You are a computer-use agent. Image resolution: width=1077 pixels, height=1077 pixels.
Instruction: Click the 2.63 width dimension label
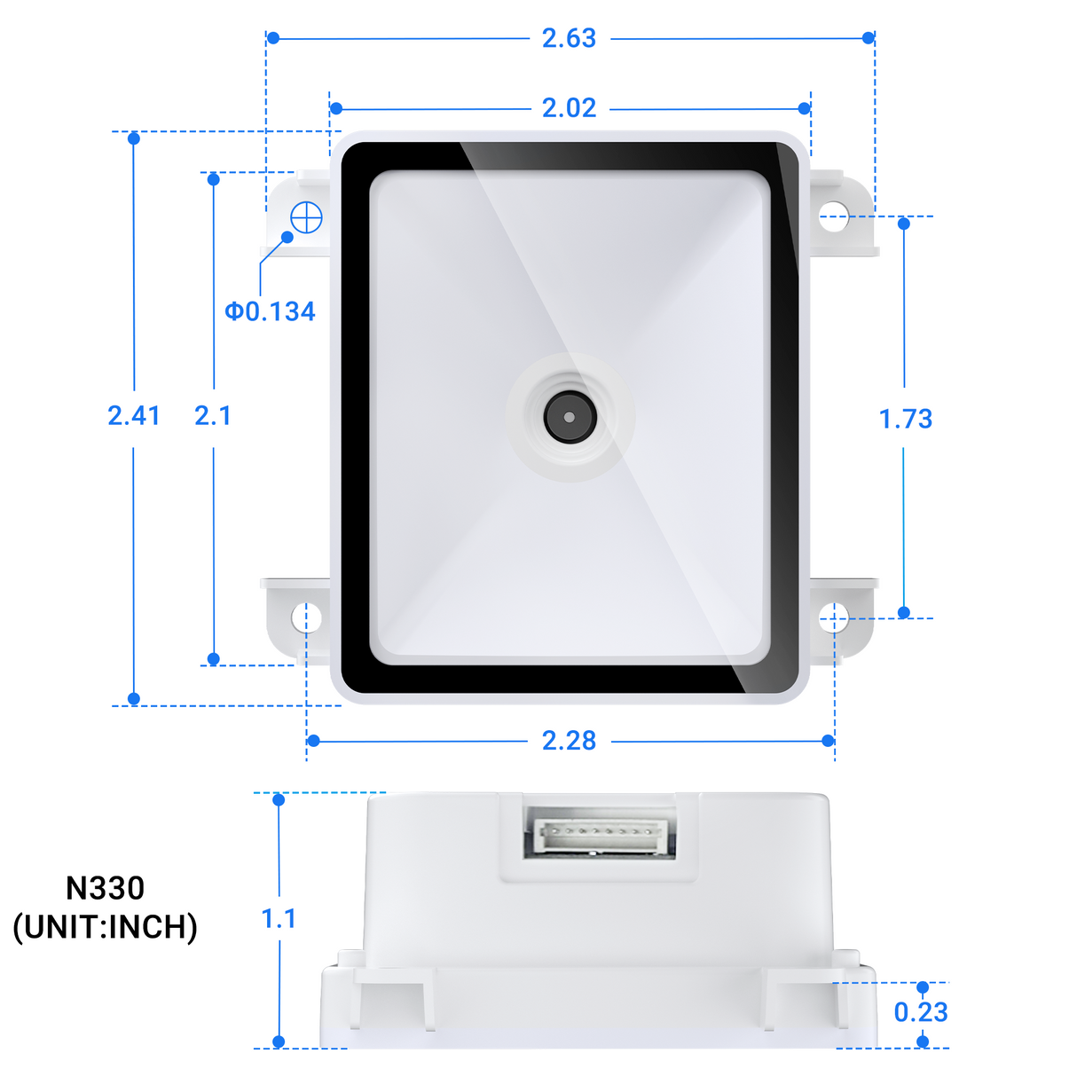pos(569,38)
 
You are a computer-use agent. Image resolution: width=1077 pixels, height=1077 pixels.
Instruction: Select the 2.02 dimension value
pos(569,108)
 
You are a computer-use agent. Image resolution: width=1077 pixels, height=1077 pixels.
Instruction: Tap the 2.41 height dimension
pos(134,415)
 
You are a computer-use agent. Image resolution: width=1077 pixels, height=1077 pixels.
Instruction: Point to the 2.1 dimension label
pos(213,415)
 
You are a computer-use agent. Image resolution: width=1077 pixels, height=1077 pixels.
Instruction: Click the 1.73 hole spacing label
pos(905,419)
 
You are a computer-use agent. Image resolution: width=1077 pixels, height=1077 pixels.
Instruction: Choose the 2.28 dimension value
pos(569,741)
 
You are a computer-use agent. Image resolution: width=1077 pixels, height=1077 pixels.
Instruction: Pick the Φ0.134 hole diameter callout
pos(270,311)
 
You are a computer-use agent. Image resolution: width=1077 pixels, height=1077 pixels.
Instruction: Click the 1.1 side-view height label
pos(279,919)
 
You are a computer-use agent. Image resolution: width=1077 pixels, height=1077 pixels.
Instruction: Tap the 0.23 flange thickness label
pos(921,1012)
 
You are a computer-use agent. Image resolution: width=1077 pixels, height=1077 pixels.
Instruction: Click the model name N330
pos(105,888)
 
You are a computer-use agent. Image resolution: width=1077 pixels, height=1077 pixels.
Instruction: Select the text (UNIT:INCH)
pos(105,927)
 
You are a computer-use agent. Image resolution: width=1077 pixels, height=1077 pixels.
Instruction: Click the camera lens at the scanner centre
pos(569,417)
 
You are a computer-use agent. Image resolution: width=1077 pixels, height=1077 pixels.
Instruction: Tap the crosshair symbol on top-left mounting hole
pos(306,216)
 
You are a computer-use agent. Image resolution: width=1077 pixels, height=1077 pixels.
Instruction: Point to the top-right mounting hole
pos(832,216)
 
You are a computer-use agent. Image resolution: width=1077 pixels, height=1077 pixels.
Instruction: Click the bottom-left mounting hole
pos(306,617)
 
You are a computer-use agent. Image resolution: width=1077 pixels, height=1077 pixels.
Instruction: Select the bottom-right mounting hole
pos(832,618)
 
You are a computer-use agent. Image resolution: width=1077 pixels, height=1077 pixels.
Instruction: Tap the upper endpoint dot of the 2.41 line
pos(134,138)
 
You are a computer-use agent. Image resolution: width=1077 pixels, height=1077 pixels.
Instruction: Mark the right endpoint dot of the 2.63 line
pos(869,37)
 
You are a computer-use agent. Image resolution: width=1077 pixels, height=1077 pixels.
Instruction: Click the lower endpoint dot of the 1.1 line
pos(279,1042)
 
